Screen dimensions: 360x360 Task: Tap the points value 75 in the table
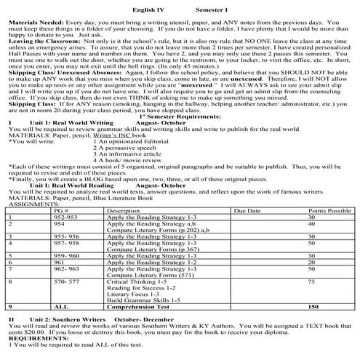click(x=311, y=281)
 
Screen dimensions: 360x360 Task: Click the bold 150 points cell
click(x=313, y=308)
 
